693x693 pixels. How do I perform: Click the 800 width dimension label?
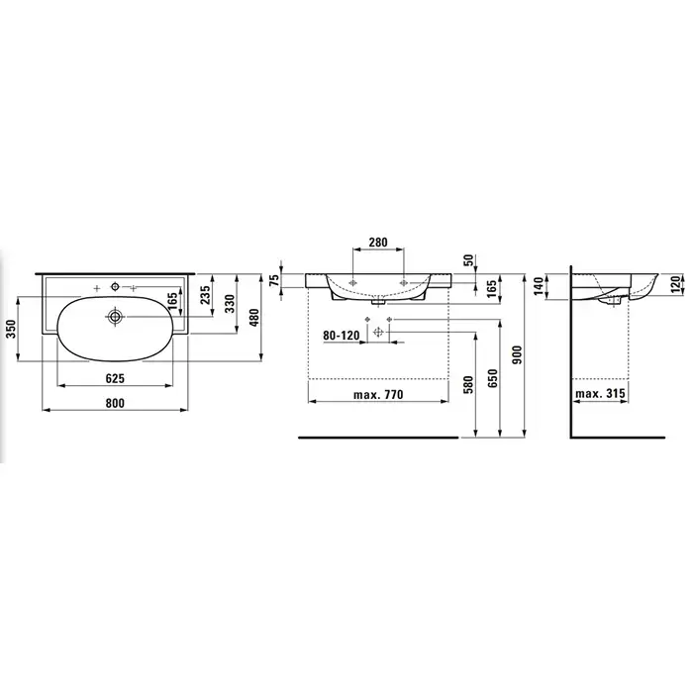coord(115,403)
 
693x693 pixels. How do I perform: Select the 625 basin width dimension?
coord(115,379)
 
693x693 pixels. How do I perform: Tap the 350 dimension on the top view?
coord(11,329)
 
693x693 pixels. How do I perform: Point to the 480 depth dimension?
coord(255,318)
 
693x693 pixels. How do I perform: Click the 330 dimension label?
coord(230,304)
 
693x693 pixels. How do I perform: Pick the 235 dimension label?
coord(205,295)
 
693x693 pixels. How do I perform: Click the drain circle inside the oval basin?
coord(115,317)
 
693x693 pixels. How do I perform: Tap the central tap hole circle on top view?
coord(115,287)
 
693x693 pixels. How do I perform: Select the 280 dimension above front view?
coord(378,243)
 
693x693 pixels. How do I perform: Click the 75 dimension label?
coord(274,280)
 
